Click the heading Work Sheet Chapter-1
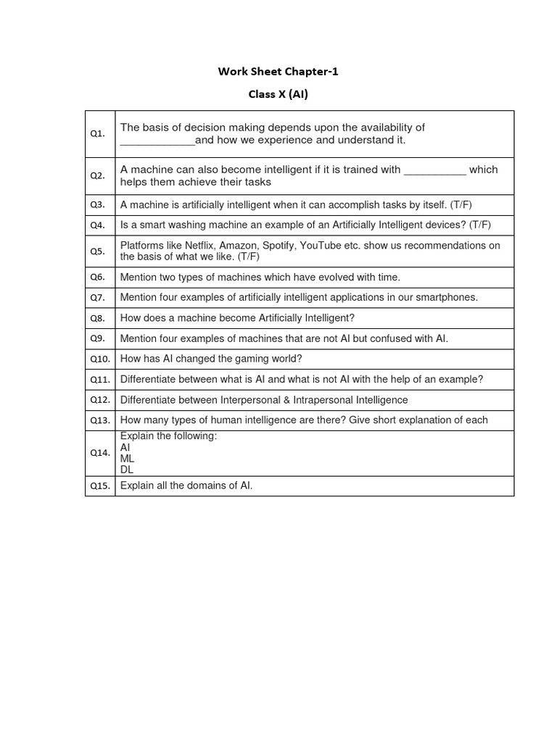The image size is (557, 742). pos(278,71)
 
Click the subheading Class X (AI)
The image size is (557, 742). pos(278,94)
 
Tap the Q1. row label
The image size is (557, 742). pos(98,133)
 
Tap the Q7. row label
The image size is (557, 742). pos(98,297)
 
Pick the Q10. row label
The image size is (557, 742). pos(99,359)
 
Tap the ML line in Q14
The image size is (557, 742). pos(128,459)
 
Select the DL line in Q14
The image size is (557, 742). pos(127,469)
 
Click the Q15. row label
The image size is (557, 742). pos(99,486)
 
